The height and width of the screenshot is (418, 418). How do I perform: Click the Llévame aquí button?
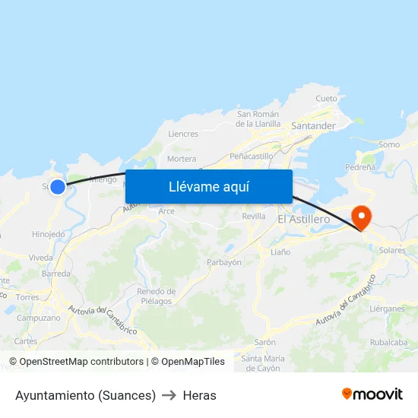click(x=209, y=187)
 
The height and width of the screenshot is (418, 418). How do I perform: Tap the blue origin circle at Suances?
click(x=58, y=185)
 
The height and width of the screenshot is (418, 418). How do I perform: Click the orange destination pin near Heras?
click(x=363, y=218)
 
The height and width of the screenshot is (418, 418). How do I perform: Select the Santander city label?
click(x=313, y=125)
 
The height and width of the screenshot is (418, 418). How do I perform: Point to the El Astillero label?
click(x=303, y=219)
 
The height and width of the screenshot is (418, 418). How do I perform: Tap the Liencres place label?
click(x=182, y=134)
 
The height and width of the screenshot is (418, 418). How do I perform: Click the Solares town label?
click(x=392, y=250)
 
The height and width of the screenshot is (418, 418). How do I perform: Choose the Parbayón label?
click(x=224, y=262)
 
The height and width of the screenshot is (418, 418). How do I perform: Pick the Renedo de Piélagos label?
click(x=156, y=296)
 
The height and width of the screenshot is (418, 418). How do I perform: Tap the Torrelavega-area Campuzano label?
click(x=38, y=318)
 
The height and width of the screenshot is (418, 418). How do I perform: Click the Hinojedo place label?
click(x=49, y=234)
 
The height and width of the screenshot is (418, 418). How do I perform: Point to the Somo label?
click(x=388, y=144)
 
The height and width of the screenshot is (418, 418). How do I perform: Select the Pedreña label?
click(x=359, y=166)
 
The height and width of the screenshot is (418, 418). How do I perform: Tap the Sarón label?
click(x=264, y=342)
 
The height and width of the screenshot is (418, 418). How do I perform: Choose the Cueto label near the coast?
click(x=326, y=99)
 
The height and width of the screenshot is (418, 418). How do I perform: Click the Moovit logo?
click(x=372, y=394)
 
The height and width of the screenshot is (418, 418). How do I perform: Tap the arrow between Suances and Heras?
click(x=169, y=395)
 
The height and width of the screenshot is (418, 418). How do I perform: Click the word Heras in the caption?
click(x=199, y=395)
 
